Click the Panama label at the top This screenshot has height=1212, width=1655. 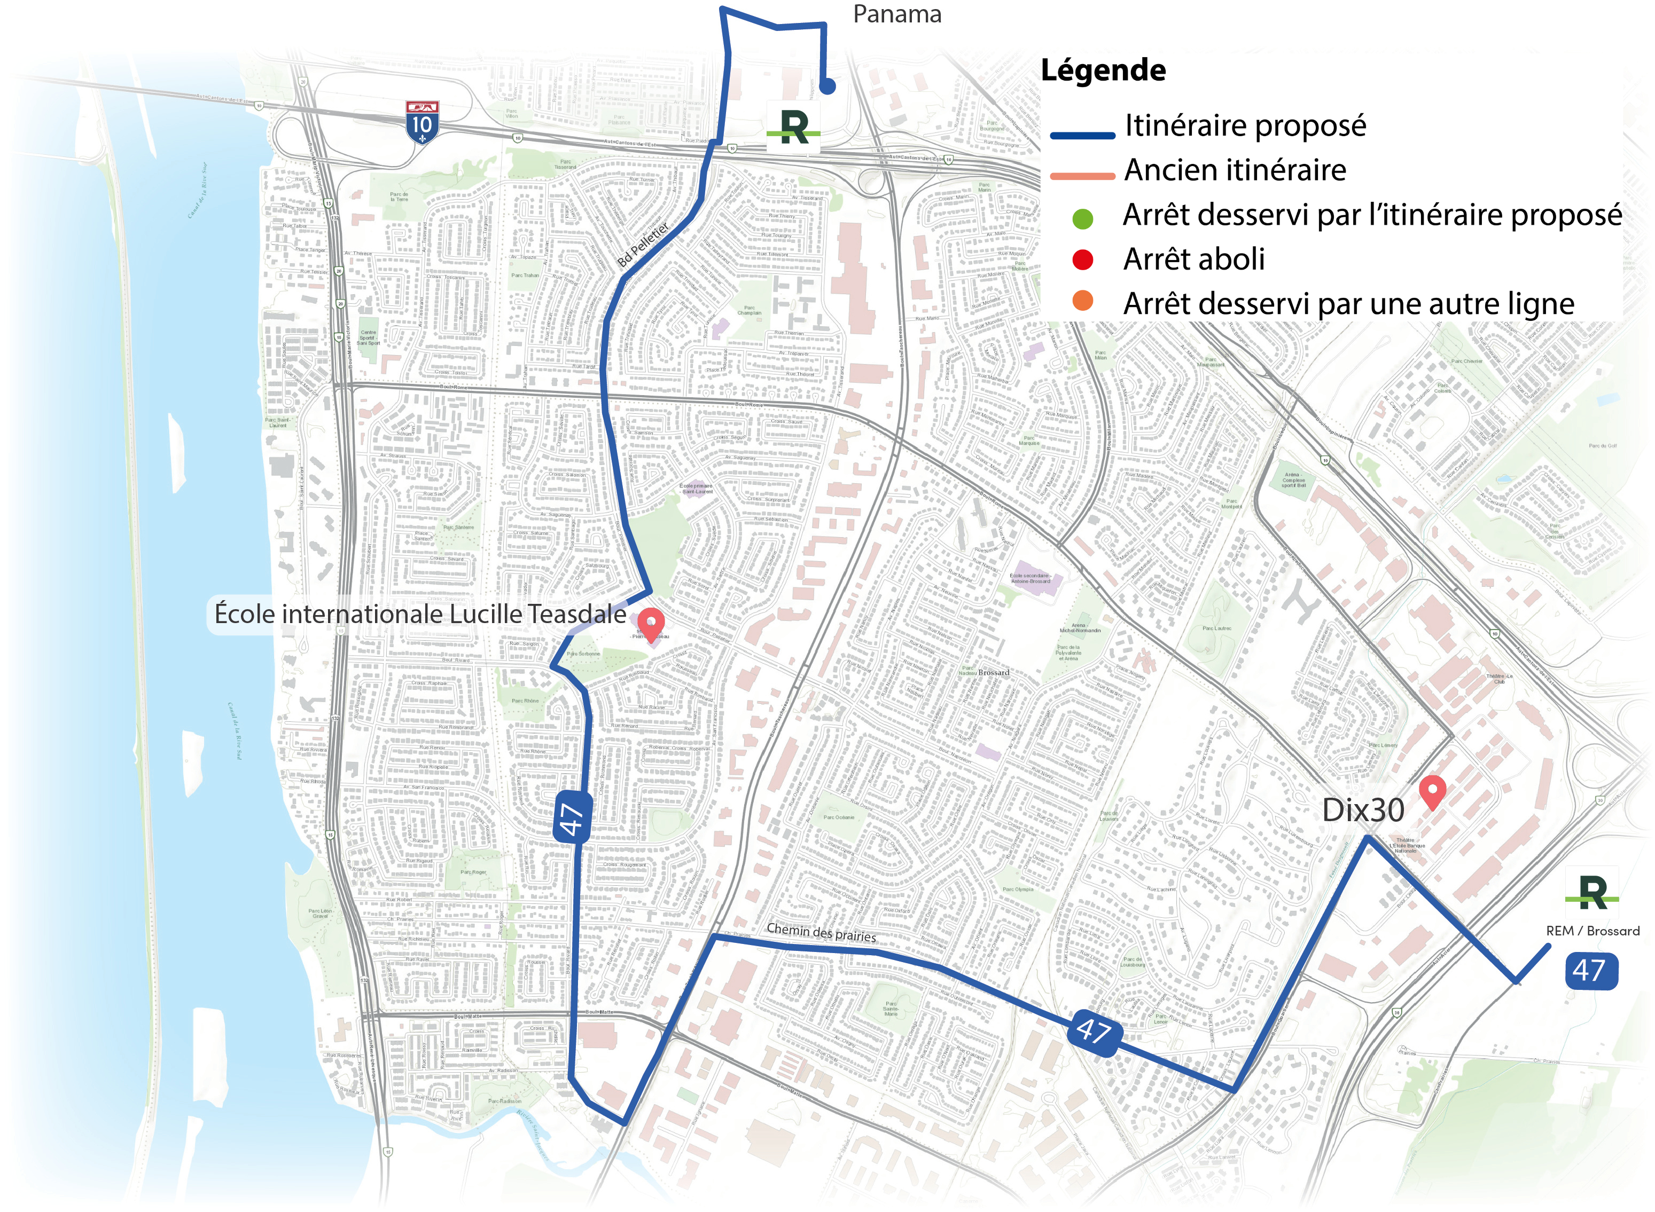pyautogui.click(x=897, y=14)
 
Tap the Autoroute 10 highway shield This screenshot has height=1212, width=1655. pyautogui.click(x=422, y=122)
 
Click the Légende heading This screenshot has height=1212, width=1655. pyautogui.click(x=1103, y=70)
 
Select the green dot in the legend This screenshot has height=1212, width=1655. pyautogui.click(x=1082, y=218)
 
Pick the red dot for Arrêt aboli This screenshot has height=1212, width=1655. pyautogui.click(x=1082, y=259)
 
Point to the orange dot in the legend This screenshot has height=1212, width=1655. pyautogui.click(x=1082, y=301)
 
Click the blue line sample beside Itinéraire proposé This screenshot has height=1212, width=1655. pyautogui.click(x=1082, y=136)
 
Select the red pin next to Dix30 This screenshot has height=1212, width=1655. pyautogui.click(x=1432, y=792)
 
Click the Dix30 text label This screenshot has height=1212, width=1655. pyautogui.click(x=1363, y=810)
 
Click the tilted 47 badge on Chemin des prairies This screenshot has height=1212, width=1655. pyautogui.click(x=1094, y=1032)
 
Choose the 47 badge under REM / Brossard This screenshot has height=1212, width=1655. pyautogui.click(x=1590, y=971)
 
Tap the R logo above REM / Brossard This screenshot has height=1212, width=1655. pyautogui.click(x=1591, y=893)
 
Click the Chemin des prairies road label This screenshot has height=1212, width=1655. pyautogui.click(x=821, y=932)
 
